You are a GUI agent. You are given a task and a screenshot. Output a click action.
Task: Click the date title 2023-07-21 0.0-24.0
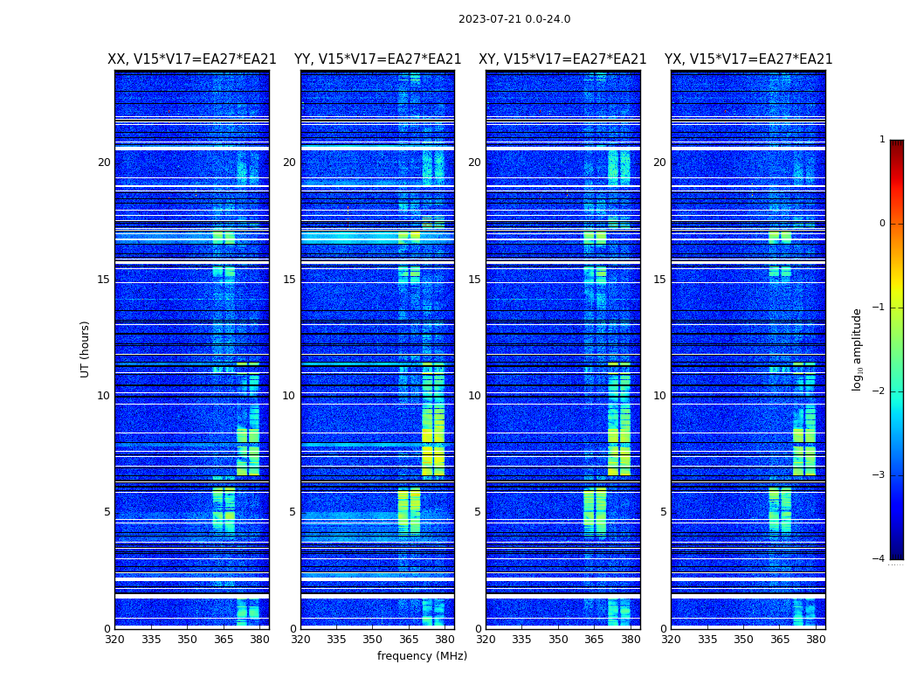point(514,19)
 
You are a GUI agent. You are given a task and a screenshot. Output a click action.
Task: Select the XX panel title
point(192,59)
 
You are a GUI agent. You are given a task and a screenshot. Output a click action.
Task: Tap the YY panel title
point(377,59)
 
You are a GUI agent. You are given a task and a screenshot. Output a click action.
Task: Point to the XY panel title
point(562,59)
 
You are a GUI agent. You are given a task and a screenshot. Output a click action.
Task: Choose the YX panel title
point(748,59)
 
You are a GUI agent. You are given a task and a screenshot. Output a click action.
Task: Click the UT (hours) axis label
point(85,349)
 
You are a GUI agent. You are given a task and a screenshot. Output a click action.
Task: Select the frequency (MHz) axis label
point(422,656)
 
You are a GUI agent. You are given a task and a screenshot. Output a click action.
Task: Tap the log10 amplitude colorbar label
point(857,349)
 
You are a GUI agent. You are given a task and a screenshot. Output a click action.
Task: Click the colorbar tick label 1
point(882,140)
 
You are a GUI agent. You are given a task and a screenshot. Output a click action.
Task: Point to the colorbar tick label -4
point(879,559)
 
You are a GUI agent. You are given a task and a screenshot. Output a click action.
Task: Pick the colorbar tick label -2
point(879,391)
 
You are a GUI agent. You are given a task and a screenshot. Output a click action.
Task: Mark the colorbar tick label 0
point(882,224)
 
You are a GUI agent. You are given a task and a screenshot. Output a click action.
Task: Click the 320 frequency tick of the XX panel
point(115,639)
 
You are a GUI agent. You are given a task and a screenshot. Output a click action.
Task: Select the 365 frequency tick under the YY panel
point(409,639)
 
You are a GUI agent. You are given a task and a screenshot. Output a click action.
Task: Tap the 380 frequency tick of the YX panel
point(816,639)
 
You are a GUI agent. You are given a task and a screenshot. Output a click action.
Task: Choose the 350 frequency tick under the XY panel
point(558,639)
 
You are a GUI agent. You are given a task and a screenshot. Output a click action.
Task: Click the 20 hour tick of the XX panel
point(104,163)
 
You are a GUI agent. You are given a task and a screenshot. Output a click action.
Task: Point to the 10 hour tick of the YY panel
point(289,396)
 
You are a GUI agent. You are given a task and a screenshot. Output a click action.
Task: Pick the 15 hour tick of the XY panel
point(474,280)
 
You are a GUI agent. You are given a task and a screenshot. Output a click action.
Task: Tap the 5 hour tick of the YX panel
point(663,512)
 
